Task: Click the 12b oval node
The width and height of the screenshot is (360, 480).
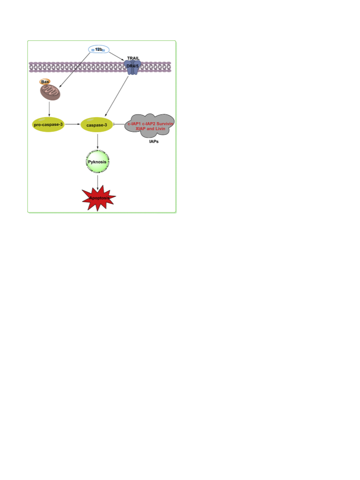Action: (x=99, y=49)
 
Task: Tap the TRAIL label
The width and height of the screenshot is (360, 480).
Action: (x=133, y=58)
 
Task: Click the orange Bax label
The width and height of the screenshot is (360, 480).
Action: (x=45, y=82)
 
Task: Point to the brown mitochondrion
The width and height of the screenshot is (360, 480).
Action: (x=50, y=92)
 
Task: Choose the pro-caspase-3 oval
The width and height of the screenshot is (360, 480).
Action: (x=49, y=124)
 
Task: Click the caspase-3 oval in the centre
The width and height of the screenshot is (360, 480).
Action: (x=97, y=125)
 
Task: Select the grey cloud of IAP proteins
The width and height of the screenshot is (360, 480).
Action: (x=150, y=126)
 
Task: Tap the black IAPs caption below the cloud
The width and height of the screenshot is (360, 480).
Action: (x=154, y=141)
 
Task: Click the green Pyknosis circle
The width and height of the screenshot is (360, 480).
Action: (x=97, y=162)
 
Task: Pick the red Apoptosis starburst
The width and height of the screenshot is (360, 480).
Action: (x=99, y=198)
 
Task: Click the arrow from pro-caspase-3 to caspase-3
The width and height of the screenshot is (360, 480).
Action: (x=73, y=124)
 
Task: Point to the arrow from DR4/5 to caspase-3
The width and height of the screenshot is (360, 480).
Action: (x=117, y=96)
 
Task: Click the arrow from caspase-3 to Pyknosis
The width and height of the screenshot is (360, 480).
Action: (x=98, y=141)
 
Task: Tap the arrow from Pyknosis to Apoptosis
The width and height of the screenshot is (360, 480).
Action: (x=98, y=183)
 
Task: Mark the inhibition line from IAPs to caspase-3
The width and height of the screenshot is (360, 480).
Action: (x=119, y=124)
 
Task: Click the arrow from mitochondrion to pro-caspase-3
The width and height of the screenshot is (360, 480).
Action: (x=49, y=109)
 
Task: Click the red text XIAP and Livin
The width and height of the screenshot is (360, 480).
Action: (x=150, y=129)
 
